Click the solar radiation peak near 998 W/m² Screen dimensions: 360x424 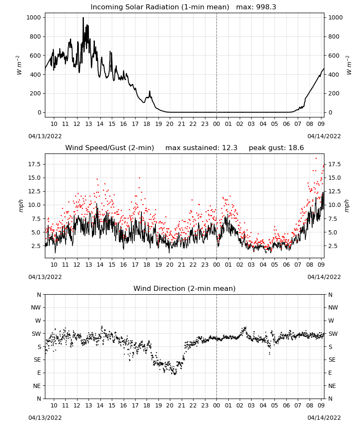pyautogui.click(x=83, y=17)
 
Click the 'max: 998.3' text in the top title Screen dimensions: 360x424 pyautogui.click(x=256, y=7)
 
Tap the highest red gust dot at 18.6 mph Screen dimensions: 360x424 pyautogui.click(x=316, y=159)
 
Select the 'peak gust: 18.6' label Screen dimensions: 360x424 pyautogui.click(x=276, y=148)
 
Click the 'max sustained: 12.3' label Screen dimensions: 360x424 pyautogui.click(x=201, y=148)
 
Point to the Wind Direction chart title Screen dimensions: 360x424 pyautogui.click(x=185, y=288)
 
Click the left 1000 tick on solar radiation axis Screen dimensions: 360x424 pyautogui.click(x=33, y=17)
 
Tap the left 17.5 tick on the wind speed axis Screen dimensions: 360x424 pyautogui.click(x=35, y=165)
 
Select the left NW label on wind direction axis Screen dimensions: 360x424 pyautogui.click(x=36, y=308)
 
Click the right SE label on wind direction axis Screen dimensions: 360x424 pyautogui.click(x=332, y=360)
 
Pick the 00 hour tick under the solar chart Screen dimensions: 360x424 pyautogui.click(x=216, y=124)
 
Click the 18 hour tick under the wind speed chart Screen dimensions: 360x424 pyautogui.click(x=147, y=265)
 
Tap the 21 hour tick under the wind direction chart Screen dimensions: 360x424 pyautogui.click(x=182, y=406)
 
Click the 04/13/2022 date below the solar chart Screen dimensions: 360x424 pyautogui.click(x=45, y=137)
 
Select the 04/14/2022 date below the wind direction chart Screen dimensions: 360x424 pyautogui.click(x=324, y=418)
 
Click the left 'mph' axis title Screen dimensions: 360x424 pyautogui.click(x=21, y=206)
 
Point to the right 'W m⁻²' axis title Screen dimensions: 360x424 pyautogui.click(x=349, y=65)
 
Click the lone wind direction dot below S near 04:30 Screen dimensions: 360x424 pyautogui.click(x=269, y=354)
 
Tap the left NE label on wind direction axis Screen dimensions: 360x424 pyautogui.click(x=37, y=386)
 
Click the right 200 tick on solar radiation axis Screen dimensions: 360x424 pyautogui.click(x=334, y=94)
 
